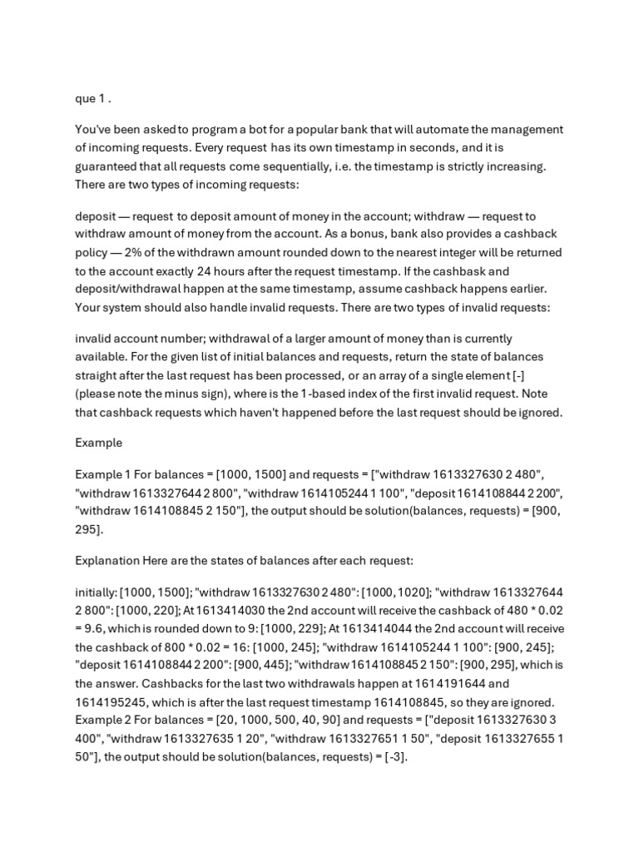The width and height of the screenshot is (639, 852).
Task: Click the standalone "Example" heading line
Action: pos(99,443)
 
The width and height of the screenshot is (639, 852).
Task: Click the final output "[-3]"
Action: pos(394,756)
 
